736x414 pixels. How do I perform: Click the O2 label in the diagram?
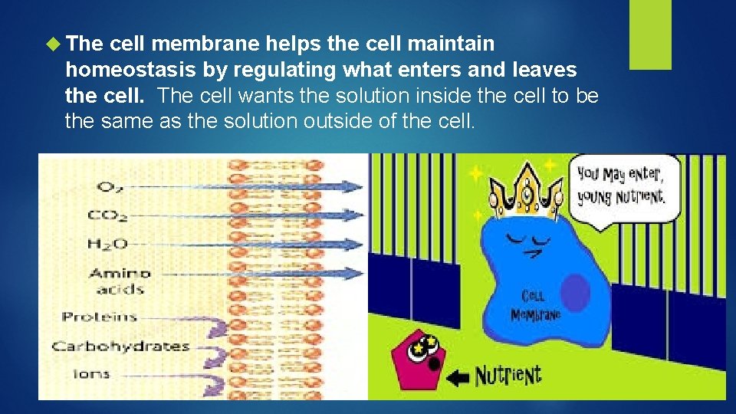click(x=108, y=187)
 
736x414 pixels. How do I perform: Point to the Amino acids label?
click(x=120, y=281)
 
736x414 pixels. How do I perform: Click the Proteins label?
click(x=99, y=317)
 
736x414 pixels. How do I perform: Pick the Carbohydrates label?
click(x=120, y=346)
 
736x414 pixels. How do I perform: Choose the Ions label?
click(x=92, y=374)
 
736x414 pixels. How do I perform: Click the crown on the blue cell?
click(x=526, y=192)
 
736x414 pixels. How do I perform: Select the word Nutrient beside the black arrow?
click(x=508, y=375)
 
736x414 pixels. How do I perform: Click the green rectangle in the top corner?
click(x=650, y=34)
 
